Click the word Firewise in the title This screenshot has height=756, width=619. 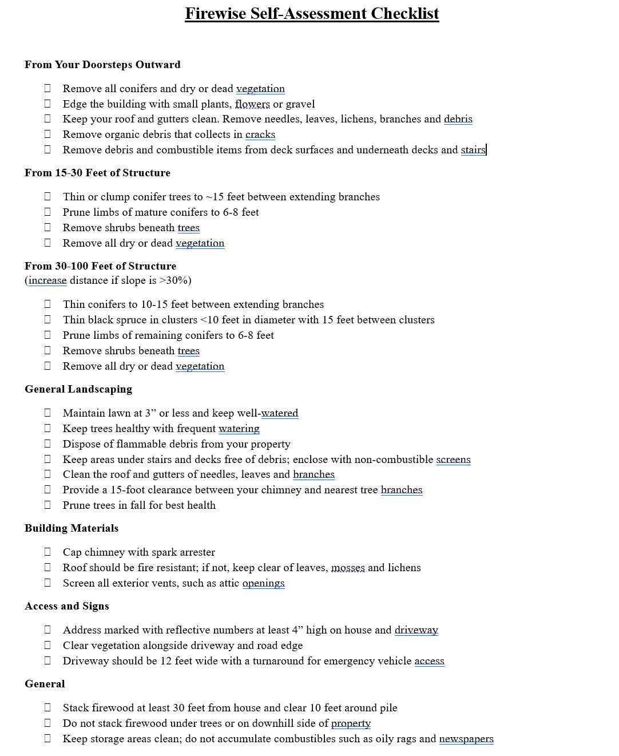tap(216, 14)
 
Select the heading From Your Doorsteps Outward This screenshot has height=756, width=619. tap(102, 65)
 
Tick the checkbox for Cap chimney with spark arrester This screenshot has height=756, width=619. tap(47, 552)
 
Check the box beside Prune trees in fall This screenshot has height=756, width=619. tap(47, 505)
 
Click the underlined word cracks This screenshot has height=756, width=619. tap(260, 134)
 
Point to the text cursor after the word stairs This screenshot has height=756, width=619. tap(486, 150)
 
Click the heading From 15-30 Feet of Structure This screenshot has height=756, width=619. tap(97, 173)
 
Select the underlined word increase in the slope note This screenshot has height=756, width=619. tap(47, 280)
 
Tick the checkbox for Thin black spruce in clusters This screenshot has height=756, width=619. tap(47, 319)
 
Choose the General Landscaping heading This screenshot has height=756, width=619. tap(78, 389)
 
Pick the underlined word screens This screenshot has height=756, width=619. tap(453, 460)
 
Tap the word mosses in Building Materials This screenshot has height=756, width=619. tap(348, 568)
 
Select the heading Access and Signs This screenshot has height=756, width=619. tap(67, 606)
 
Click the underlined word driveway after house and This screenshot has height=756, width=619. tap(416, 630)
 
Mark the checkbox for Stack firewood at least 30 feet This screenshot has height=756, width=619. tap(47, 707)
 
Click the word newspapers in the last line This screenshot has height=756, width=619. tap(466, 739)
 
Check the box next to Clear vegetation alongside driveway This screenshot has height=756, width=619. tap(47, 645)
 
